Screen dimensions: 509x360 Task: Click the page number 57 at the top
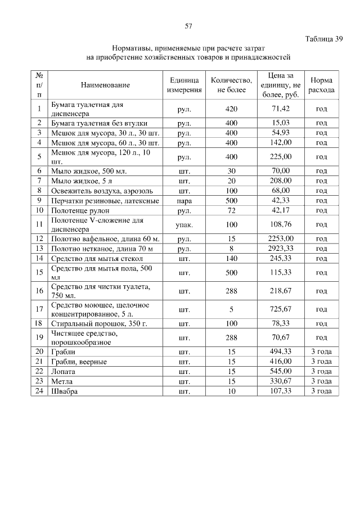tap(188, 26)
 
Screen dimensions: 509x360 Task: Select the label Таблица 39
tap(323, 39)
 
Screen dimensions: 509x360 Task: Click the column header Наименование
tap(105, 85)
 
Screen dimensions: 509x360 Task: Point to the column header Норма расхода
tap(321, 85)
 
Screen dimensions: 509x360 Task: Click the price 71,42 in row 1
tap(280, 109)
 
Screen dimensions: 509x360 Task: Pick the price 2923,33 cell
tap(280, 247)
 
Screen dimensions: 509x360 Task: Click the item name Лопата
tap(62, 371)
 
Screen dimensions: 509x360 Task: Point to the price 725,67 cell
tap(280, 309)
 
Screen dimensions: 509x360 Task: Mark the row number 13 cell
tap(39, 248)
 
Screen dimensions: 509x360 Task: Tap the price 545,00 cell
tap(280, 371)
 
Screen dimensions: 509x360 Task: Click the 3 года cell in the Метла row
tap(321, 381)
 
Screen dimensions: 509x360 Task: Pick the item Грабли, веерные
tap(79, 362)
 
